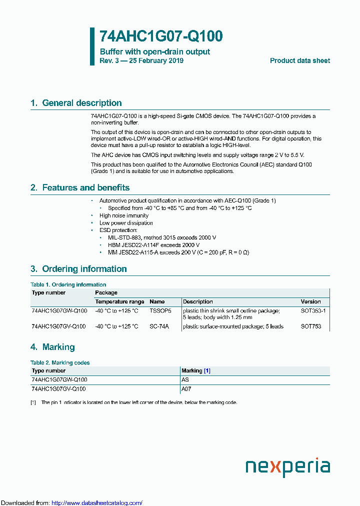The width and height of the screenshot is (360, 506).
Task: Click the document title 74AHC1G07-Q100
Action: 161,36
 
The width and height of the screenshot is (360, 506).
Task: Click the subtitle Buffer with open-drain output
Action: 154,51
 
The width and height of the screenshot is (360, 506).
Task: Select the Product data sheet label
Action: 299,60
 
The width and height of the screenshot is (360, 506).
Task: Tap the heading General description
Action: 81,103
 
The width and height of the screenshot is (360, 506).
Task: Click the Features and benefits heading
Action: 85,187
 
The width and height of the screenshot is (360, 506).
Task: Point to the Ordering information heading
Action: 84,269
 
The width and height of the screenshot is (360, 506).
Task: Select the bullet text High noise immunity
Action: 124,215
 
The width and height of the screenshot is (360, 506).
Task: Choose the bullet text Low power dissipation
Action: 126,223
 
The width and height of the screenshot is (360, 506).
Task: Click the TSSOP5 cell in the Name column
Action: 160,311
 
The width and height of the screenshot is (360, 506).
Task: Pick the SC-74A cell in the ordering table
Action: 159,326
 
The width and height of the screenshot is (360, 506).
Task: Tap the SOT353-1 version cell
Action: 313,311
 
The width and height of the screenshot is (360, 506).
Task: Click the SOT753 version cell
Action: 311,326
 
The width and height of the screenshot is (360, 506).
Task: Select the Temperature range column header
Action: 119,301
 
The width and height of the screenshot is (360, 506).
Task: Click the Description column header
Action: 197,301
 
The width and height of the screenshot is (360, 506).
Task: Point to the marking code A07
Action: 186,388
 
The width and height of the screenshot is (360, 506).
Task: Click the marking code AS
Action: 185,380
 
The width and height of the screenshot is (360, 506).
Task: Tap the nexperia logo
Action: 287,467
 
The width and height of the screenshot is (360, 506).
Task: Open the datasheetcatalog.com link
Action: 97,502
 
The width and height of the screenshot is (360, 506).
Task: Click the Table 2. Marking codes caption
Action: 60,362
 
